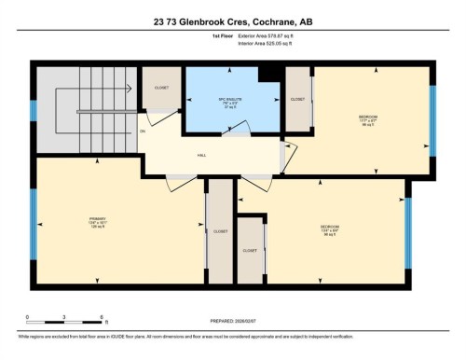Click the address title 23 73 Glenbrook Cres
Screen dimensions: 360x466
[233, 17]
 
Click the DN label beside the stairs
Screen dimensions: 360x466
[143, 131]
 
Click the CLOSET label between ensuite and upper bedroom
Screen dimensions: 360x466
[297, 98]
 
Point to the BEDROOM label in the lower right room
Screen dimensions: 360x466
[328, 230]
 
